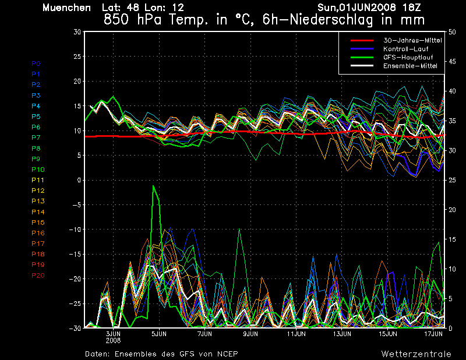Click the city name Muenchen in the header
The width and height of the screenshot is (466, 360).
tap(66, 8)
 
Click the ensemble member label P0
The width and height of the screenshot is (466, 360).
tap(36, 63)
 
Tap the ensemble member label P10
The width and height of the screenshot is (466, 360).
tap(37, 170)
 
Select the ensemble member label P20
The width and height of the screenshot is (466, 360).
tap(37, 276)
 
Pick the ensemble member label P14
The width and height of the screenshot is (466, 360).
tap(37, 212)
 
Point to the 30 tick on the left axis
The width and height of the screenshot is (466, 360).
tap(77, 32)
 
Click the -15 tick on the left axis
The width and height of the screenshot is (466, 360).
tap(75, 255)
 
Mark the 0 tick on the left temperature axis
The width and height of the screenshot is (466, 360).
tap(79, 181)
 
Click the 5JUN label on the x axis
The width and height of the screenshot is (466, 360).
tap(159, 334)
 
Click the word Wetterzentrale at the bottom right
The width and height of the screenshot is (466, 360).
tap(416, 354)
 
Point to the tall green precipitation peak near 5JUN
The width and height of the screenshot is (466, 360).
tap(154, 186)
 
